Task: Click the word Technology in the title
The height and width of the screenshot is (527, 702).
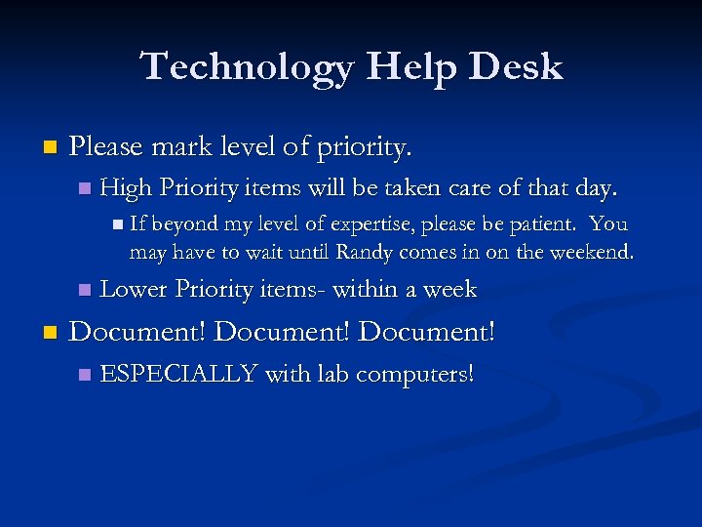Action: pos(248,66)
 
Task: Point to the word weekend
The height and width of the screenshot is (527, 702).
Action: pos(591,253)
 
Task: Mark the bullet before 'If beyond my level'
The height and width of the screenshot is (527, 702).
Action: pos(118,225)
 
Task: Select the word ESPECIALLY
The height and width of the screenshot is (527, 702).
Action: pos(178,373)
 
